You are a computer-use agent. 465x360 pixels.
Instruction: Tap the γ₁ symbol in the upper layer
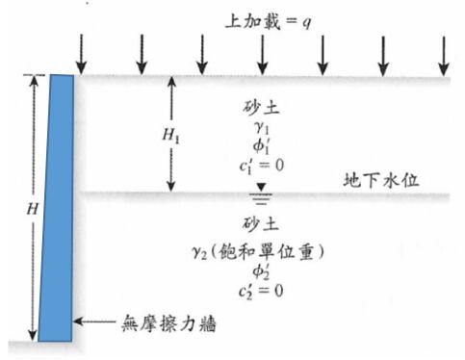(x=262, y=124)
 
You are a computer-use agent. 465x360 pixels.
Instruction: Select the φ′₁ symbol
(x=262, y=143)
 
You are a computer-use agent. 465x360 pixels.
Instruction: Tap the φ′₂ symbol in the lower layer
(x=262, y=270)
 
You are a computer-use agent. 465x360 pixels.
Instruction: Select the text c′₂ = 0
(x=262, y=288)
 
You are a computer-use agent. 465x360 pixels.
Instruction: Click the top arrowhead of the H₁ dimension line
(x=170, y=82)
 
